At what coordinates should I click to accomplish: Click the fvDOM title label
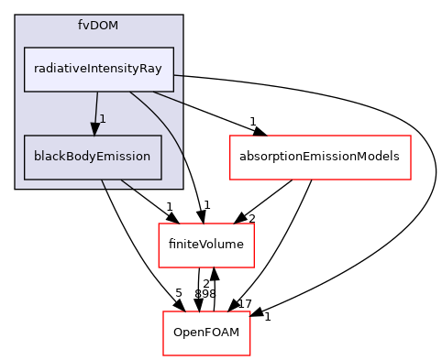[98, 24]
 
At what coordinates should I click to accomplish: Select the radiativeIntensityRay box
[99, 69]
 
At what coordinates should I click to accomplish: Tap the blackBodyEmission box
[93, 157]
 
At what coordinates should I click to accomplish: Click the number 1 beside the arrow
[103, 119]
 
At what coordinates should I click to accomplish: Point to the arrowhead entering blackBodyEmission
[94, 129]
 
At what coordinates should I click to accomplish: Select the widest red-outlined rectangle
[319, 158]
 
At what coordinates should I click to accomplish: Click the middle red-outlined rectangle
[205, 245]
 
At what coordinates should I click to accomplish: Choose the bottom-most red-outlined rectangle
[206, 333]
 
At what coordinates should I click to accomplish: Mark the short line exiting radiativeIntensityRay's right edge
[178, 74]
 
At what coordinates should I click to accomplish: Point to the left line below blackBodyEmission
[103, 184]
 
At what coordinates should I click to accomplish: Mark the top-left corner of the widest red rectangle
[229, 136]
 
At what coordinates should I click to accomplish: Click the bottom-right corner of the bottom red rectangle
[250, 355]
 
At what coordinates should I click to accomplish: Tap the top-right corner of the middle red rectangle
[253, 224]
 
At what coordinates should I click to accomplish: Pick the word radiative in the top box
[55, 69]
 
